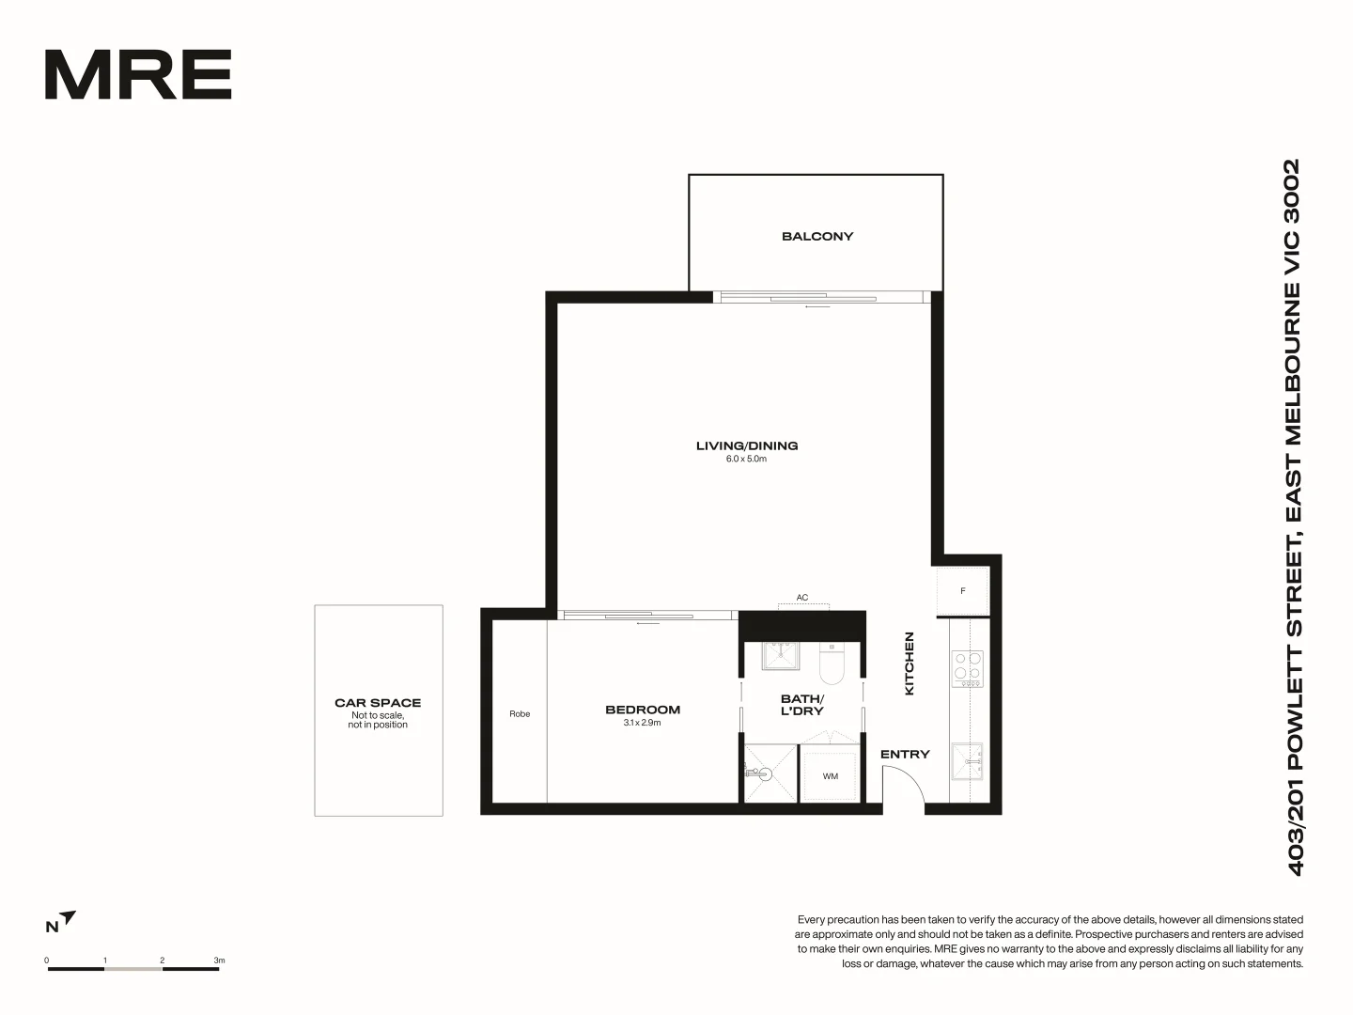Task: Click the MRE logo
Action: [x=138, y=75]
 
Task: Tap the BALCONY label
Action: [x=817, y=236]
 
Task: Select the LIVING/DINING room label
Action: [x=747, y=445]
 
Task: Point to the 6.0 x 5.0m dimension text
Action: [x=747, y=460]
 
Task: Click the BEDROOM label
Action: [x=643, y=710]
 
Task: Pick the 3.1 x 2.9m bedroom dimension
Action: [x=643, y=723]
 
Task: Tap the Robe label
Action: [x=520, y=714]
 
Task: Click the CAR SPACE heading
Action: [x=378, y=702]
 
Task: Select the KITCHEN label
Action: [x=909, y=664]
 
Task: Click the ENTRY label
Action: [x=905, y=754]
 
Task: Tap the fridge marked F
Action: [x=962, y=591]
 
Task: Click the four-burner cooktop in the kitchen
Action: [x=968, y=668]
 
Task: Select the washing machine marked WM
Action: [x=830, y=776]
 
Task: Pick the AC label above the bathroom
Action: [x=802, y=598]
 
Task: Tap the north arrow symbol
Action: [x=67, y=918]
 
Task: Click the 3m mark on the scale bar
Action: [x=219, y=961]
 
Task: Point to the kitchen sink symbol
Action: [x=967, y=760]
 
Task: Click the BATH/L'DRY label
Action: [x=802, y=705]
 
